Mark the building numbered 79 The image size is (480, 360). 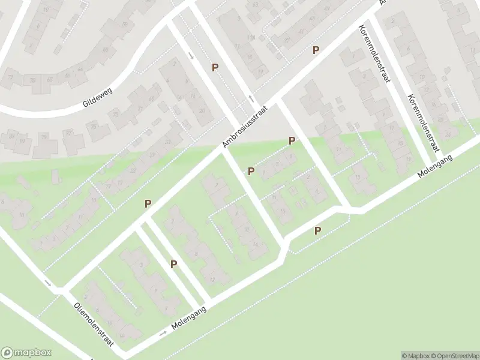[x=45, y=137]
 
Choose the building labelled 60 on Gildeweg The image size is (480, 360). [x=106, y=49]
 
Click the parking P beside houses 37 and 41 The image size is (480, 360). [x=316, y=50]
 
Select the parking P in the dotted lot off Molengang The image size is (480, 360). [x=317, y=230]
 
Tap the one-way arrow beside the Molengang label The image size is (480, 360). [x=163, y=333]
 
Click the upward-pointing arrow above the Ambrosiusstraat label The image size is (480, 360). [x=251, y=99]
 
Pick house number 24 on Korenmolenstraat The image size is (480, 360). [x=447, y=118]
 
